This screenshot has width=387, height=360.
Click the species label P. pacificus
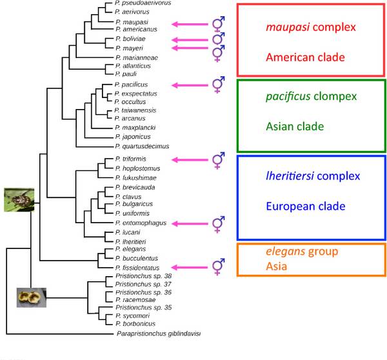tap(131, 85)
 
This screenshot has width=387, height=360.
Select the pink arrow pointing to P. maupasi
tap(190, 25)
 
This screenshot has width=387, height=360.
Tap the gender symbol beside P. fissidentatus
tap(219, 266)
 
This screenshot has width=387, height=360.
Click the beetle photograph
tap(19, 200)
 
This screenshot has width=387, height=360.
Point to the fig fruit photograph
tap(32, 297)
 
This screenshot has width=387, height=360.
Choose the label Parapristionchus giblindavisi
tap(159, 334)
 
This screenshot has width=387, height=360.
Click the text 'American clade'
tap(305, 57)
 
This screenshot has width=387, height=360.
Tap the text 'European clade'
tap(306, 206)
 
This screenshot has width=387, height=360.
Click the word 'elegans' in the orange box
tap(286, 252)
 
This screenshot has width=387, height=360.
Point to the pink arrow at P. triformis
tap(190, 160)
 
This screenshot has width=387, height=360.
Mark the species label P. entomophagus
tap(141, 223)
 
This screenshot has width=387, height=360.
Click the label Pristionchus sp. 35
tap(143, 307)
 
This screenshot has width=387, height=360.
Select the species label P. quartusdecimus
tap(142, 146)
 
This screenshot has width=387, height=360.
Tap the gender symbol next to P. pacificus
tap(219, 85)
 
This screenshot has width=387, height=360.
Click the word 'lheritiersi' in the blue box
tap(290, 176)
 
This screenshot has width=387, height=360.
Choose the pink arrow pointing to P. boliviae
tap(190, 40)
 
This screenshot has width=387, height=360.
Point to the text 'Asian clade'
tap(295, 126)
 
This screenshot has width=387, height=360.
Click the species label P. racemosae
tap(135, 300)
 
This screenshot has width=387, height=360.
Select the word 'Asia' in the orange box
tap(277, 266)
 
